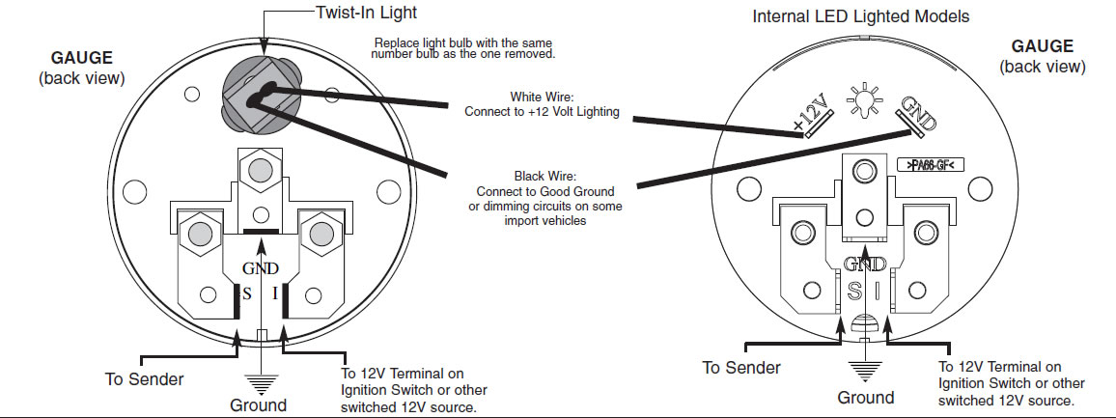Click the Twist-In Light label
[366, 13]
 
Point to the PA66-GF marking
[931, 166]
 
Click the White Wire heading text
[543, 97]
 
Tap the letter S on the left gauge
[247, 293]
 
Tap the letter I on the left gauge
[275, 293]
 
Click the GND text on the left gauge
[261, 268]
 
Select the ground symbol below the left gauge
[263, 384]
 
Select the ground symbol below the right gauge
[865, 372]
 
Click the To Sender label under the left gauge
[145, 378]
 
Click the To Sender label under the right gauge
[741, 368]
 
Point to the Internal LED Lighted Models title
[861, 15]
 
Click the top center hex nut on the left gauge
[259, 170]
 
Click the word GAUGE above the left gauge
[81, 58]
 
